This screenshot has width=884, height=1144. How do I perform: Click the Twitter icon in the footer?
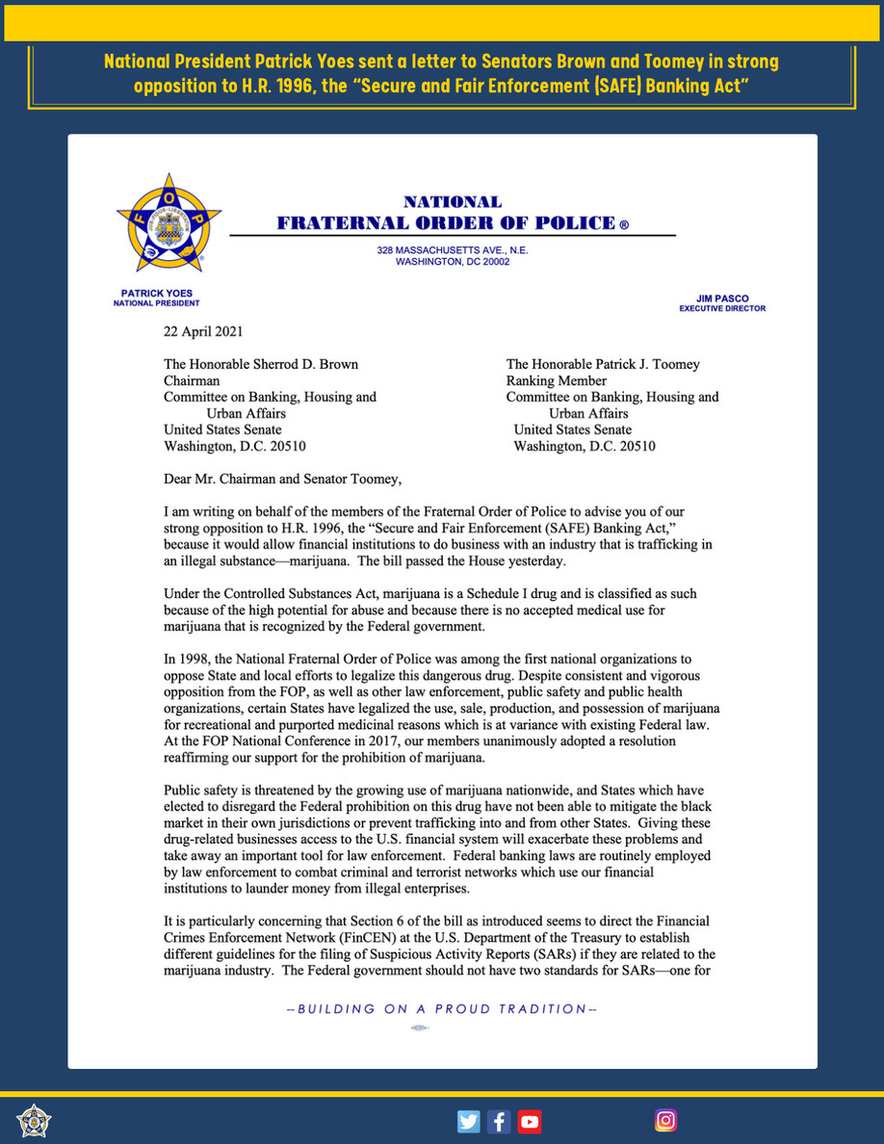(x=469, y=1121)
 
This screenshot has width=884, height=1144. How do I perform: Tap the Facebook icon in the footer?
(x=499, y=1121)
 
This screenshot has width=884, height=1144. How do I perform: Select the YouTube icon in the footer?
(x=529, y=1121)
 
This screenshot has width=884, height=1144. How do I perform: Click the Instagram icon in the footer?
(x=665, y=1120)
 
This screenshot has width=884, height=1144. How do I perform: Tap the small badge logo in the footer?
(x=34, y=1121)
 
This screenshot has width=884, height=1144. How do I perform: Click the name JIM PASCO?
(x=722, y=299)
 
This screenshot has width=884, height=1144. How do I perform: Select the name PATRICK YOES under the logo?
(x=156, y=293)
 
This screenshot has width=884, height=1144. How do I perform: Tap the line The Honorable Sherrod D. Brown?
(x=260, y=364)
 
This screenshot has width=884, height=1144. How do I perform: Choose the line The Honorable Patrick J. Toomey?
(x=603, y=364)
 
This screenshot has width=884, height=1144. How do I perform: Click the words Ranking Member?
(x=556, y=380)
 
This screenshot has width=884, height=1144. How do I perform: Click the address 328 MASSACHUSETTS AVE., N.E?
(x=453, y=250)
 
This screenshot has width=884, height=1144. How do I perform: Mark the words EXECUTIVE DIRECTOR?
(x=722, y=309)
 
